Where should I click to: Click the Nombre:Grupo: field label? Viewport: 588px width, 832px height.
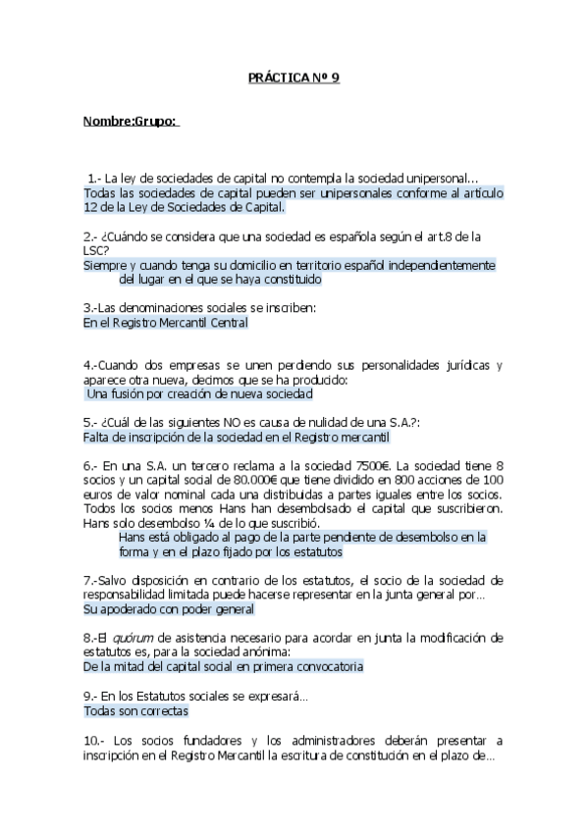click(130, 121)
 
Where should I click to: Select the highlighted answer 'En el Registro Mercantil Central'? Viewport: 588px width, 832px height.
click(165, 322)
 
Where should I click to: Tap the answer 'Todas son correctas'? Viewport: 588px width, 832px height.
click(135, 711)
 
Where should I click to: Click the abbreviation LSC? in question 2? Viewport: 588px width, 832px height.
click(96, 250)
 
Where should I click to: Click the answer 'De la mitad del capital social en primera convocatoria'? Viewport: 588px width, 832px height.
click(223, 666)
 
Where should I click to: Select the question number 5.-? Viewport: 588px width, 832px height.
click(91, 422)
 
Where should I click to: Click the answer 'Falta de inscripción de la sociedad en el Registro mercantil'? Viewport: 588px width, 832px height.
click(237, 437)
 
